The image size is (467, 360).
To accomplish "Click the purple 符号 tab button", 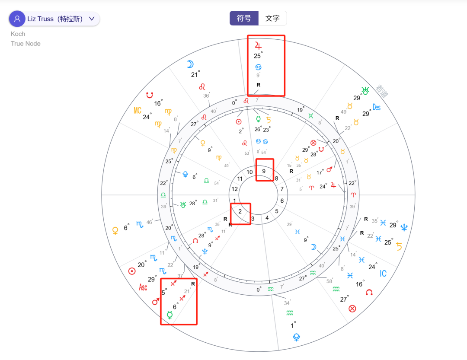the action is coord(244,19).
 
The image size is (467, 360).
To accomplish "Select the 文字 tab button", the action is coord(272,19).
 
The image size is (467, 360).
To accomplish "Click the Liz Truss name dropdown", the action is coord(61,19).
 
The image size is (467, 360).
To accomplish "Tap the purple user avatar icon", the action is coord(17,19).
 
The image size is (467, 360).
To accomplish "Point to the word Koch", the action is coord(18,34).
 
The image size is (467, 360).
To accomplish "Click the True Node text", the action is coord(26,43).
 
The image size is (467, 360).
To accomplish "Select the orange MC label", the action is coord(138,111).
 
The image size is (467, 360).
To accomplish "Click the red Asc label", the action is coord(143,287).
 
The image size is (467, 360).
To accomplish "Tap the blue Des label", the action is coord(377,107).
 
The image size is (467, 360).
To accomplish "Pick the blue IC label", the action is coord(383,274).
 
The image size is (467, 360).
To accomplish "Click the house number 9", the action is coord(264,171).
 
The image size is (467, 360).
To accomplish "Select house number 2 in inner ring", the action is coord(240,211).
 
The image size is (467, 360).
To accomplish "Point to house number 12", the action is coord(234,189).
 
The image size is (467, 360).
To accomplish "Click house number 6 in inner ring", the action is coord(282,201).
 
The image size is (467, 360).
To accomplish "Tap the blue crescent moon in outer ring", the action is coord(190,64).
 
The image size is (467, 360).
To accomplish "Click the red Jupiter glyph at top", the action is coord(258,45).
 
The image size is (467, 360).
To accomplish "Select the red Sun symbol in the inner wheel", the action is coord(238,121).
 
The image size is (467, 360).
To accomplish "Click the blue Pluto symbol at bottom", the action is coord(296,337).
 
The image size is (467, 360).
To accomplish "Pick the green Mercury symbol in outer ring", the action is coord(170,315).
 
